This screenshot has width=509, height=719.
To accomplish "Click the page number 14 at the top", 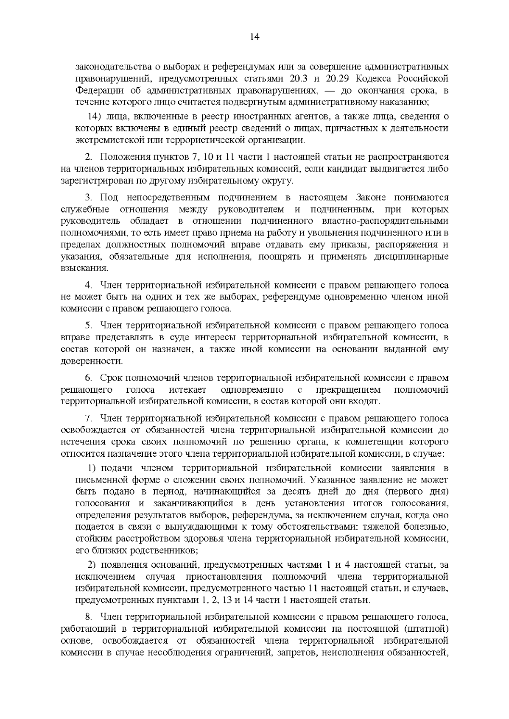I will pos(255,37).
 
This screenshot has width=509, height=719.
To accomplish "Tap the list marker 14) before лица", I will pos(95,117).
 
